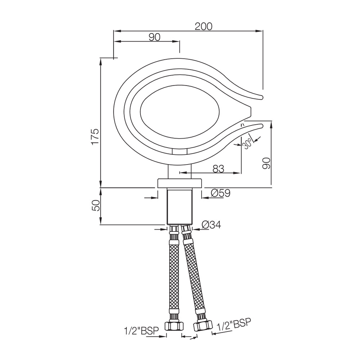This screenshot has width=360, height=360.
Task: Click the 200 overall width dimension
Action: [203, 26]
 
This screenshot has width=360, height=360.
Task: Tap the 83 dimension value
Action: [218, 169]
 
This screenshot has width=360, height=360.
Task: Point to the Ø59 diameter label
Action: [220, 193]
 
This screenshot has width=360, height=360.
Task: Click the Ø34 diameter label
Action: [211, 225]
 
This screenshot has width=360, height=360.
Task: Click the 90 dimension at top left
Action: [154, 37]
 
